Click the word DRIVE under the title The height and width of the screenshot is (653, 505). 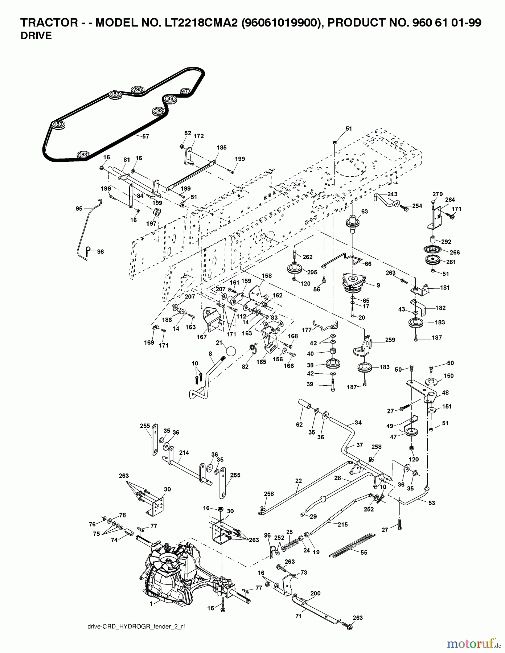click(36, 36)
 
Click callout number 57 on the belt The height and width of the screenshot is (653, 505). click(145, 137)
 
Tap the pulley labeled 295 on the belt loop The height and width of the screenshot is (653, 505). click(137, 89)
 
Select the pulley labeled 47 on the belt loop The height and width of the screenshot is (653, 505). click(185, 91)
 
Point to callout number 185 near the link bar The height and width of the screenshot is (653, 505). click(221, 147)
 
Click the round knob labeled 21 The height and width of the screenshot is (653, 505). click(230, 351)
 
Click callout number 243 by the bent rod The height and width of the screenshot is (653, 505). click(392, 194)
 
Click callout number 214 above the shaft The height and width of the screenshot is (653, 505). click(184, 453)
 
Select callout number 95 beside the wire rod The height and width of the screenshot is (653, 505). click(79, 208)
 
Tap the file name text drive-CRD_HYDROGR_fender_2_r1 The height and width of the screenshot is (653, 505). click(137, 626)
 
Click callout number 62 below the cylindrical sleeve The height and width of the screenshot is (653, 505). click(299, 424)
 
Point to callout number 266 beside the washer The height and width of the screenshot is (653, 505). click(455, 252)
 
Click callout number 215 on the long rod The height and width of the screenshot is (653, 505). click(342, 524)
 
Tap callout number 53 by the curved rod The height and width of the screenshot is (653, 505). click(431, 503)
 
